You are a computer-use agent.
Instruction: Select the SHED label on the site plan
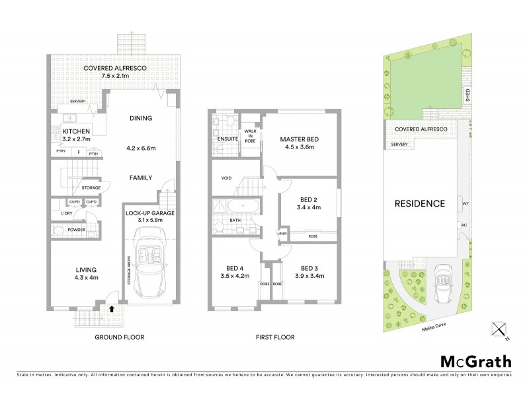[468, 95]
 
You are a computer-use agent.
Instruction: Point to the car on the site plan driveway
[441, 282]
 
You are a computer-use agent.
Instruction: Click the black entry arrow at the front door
[112, 307]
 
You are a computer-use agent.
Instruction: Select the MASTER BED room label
[299, 139]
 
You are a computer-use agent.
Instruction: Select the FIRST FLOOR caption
[275, 337]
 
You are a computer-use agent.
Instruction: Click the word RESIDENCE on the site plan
[420, 203]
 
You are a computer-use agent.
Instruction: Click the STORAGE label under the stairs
[91, 188]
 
